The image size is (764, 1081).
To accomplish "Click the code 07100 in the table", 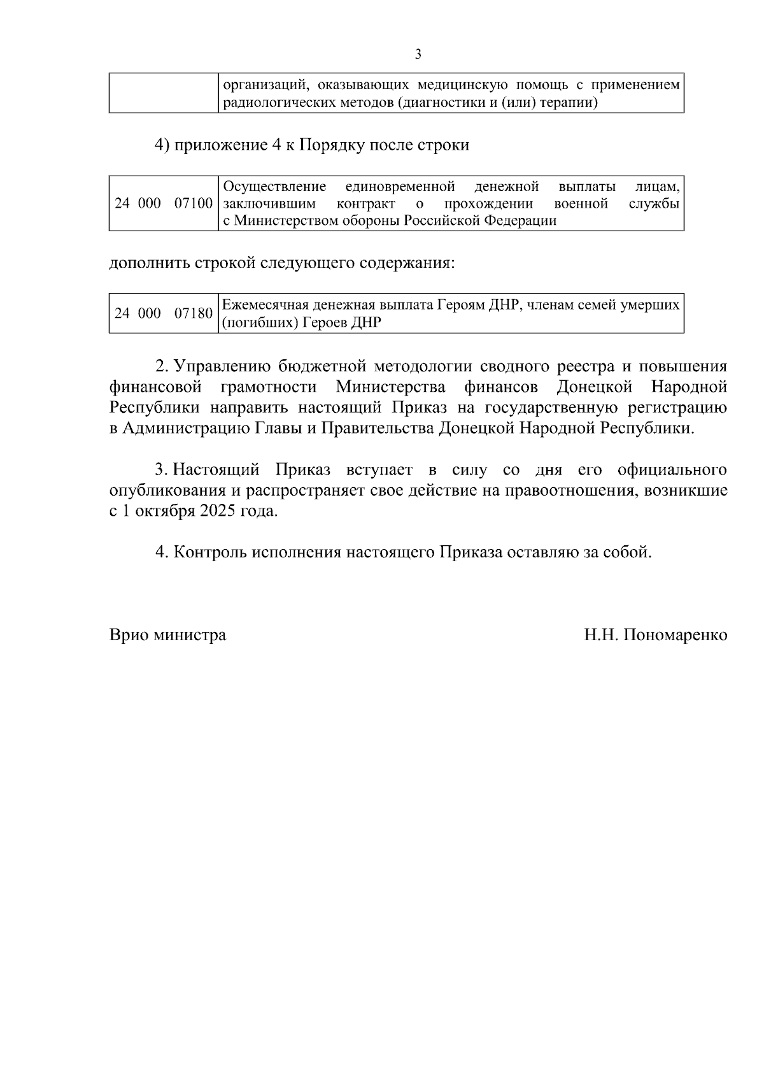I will [194, 204].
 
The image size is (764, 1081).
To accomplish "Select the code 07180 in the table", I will [194, 313].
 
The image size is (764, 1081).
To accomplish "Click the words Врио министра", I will [167, 635].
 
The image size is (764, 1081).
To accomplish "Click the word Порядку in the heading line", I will [328, 145].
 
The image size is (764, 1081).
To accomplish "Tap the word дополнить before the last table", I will [150, 263].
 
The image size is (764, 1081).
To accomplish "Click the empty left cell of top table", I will [164, 94].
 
